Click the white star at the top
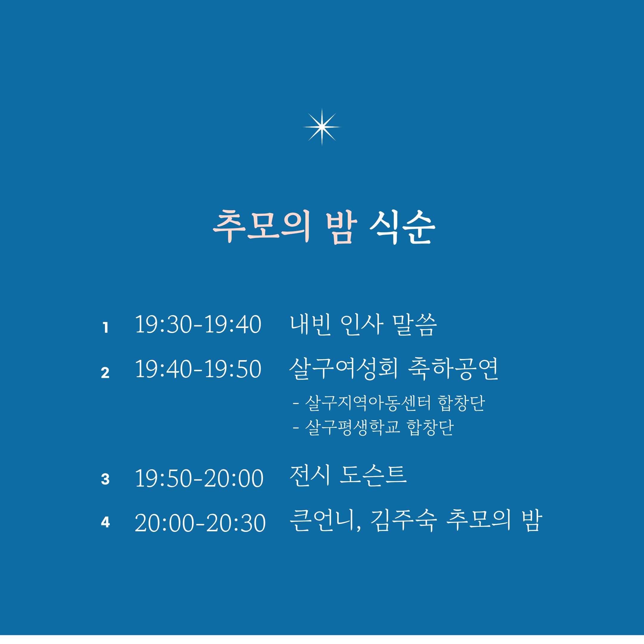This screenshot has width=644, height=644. click(x=322, y=127)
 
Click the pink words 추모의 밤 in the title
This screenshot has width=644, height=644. click(x=285, y=227)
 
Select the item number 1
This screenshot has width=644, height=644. click(x=105, y=327)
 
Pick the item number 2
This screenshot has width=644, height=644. click(x=105, y=373)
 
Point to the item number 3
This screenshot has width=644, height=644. click(x=105, y=479)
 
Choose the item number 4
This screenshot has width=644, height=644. click(x=105, y=522)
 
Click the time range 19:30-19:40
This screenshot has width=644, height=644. click(x=198, y=324)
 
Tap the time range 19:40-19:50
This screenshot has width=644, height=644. click(x=198, y=369)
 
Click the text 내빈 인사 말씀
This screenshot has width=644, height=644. click(x=363, y=324)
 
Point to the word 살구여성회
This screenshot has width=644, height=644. click(x=344, y=369)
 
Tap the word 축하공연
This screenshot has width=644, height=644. click(x=453, y=369)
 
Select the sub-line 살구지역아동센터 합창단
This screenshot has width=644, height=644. click(x=395, y=403)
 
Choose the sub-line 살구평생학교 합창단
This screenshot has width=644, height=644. click(x=379, y=427)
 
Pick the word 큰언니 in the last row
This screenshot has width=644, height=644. click(x=322, y=520)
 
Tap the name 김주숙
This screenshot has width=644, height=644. click(x=404, y=520)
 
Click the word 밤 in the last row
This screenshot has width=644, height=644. click(x=532, y=520)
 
